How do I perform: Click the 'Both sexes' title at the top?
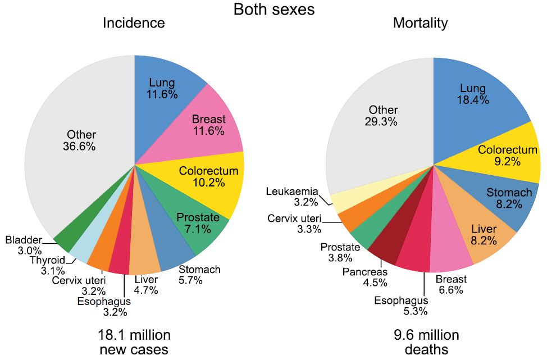273,10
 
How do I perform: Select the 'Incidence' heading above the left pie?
134,23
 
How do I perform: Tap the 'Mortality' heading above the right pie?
420,23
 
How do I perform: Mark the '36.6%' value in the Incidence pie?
80,146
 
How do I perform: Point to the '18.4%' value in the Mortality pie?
473,100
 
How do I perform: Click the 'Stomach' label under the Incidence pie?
199,270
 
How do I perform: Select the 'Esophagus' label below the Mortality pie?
400,300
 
